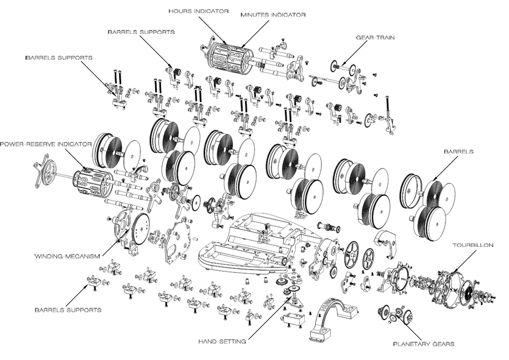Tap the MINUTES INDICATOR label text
coord(273,15)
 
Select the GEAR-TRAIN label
coord(368,37)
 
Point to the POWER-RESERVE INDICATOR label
coord(46,144)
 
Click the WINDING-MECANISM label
coord(66,255)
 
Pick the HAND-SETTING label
coord(223,341)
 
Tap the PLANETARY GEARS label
coord(424,344)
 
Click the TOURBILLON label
coord(472,245)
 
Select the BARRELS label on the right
coord(458,151)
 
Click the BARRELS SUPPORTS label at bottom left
coord(68,309)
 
